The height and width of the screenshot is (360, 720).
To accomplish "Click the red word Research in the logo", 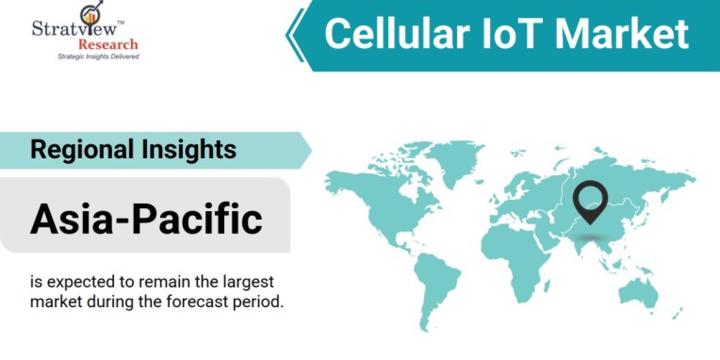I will click(x=108, y=44).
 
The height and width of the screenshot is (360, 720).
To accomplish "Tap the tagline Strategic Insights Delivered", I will click(x=98, y=56).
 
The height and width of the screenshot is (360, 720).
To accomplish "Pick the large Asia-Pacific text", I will click(x=146, y=219).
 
